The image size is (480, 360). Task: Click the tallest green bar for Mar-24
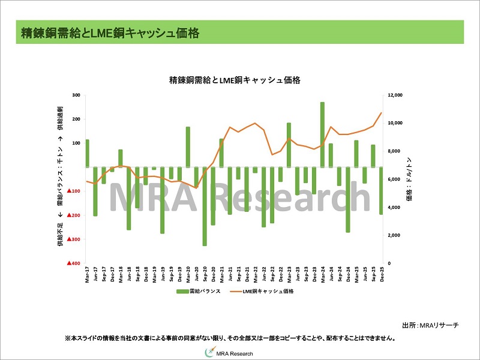pyautogui.click(x=322, y=134)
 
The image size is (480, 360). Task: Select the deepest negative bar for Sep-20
pyautogui.click(x=205, y=206)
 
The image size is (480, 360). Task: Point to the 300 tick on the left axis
pyautogui.click(x=76, y=95)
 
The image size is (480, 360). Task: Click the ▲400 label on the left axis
pyautogui.click(x=74, y=263)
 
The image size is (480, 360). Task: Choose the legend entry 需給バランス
pyautogui.click(x=198, y=291)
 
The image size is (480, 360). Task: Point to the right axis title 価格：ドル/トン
pyautogui.click(x=409, y=179)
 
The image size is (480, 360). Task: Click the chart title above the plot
pyautogui.click(x=235, y=79)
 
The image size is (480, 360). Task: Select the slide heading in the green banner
pyautogui.click(x=109, y=32)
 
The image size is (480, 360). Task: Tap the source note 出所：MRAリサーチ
pyautogui.click(x=430, y=325)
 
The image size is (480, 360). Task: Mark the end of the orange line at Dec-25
pyautogui.click(x=381, y=113)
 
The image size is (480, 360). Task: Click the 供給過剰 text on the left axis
pyautogui.click(x=60, y=119)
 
